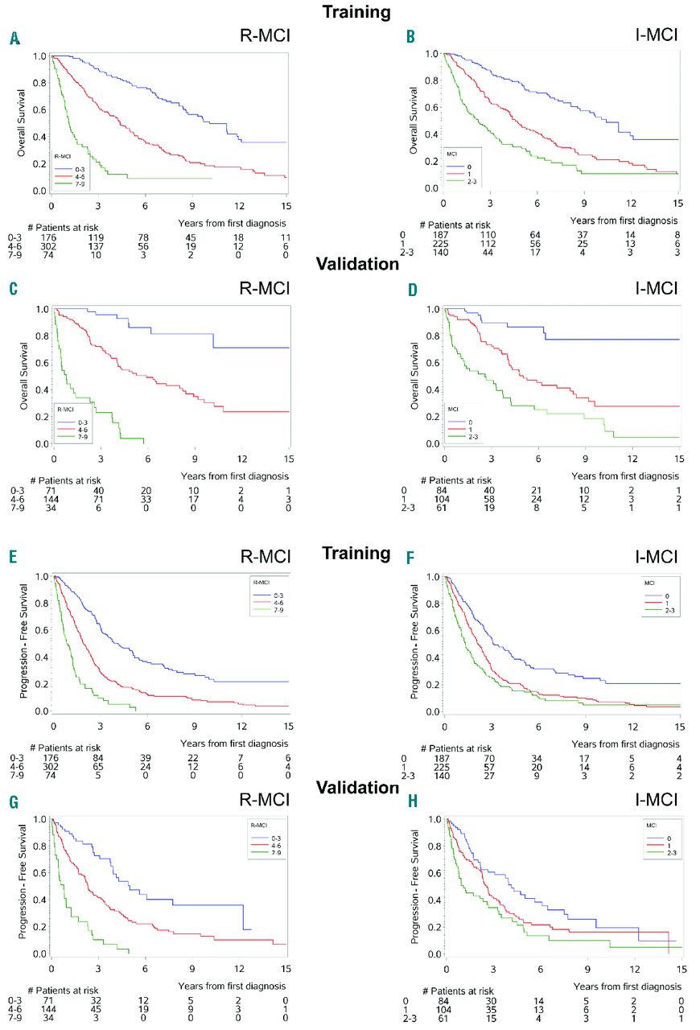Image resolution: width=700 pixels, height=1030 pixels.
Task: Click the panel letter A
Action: pyautogui.click(x=14, y=38)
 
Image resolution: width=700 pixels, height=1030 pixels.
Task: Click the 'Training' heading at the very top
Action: pyautogui.click(x=356, y=12)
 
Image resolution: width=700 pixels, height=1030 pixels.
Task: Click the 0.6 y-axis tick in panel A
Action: pyautogui.click(x=40, y=110)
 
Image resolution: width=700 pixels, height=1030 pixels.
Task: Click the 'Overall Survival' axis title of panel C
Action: pyautogui.click(x=26, y=375)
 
